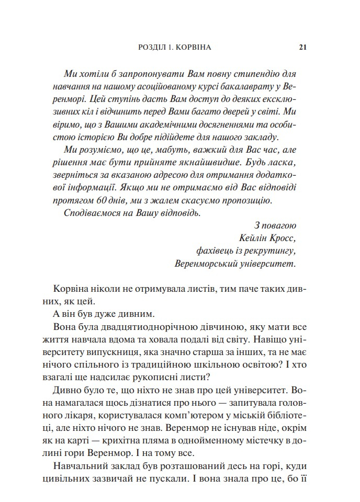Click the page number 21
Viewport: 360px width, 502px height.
pos(302,47)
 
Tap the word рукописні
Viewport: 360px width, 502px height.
pos(156,378)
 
